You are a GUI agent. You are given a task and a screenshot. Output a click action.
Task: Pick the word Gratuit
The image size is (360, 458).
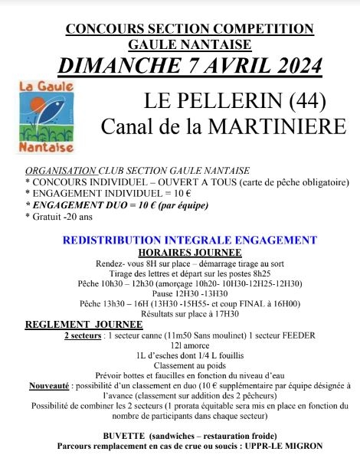click(x=50, y=217)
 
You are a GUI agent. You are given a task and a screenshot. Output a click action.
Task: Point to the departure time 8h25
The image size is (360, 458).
click(x=268, y=273)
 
